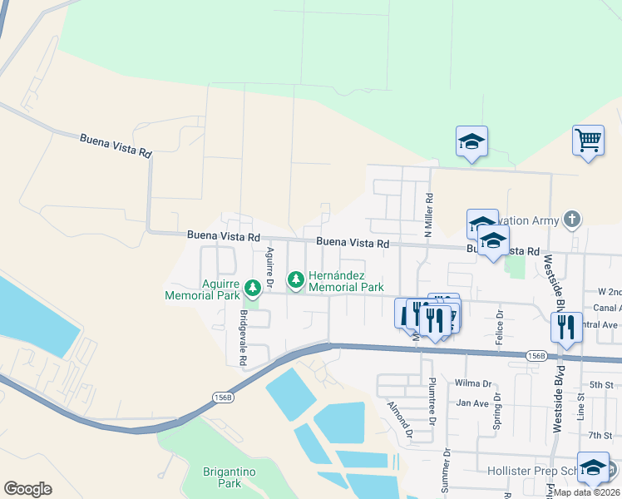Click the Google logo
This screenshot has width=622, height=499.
(27, 489)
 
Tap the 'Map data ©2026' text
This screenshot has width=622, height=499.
(587, 492)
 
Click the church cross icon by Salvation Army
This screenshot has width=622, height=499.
(570, 220)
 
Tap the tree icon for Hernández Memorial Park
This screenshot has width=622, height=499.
(294, 278)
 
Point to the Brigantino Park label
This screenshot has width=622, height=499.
(222, 477)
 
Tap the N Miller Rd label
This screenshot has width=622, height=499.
(430, 215)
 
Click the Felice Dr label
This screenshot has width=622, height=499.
(500, 327)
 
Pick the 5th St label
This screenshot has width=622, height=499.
(600, 384)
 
